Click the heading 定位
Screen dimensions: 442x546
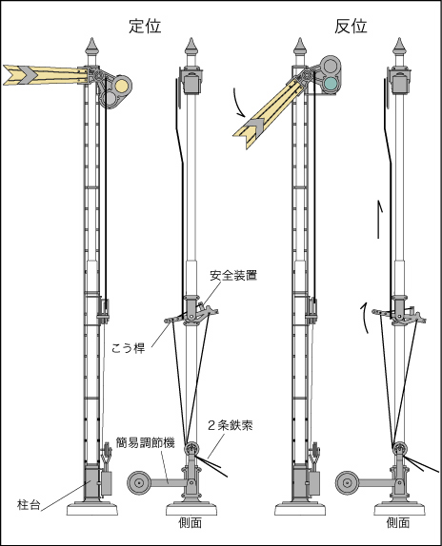[145, 27]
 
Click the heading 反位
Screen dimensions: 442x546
[351, 27]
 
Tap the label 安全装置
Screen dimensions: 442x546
[233, 276]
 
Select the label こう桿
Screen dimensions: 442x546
[129, 348]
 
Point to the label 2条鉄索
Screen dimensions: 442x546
[231, 425]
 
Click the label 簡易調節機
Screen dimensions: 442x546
[145, 443]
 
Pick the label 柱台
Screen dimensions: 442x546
[29, 504]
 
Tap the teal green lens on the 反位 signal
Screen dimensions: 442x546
[330, 83]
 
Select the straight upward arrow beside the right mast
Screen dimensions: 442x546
[379, 220]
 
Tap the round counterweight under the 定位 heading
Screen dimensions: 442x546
[139, 483]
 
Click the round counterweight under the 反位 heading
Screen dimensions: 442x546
[347, 483]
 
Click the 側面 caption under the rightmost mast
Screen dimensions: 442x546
[398, 522]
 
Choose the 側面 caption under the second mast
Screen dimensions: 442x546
[190, 522]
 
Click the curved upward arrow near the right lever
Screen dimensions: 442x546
[364, 318]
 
